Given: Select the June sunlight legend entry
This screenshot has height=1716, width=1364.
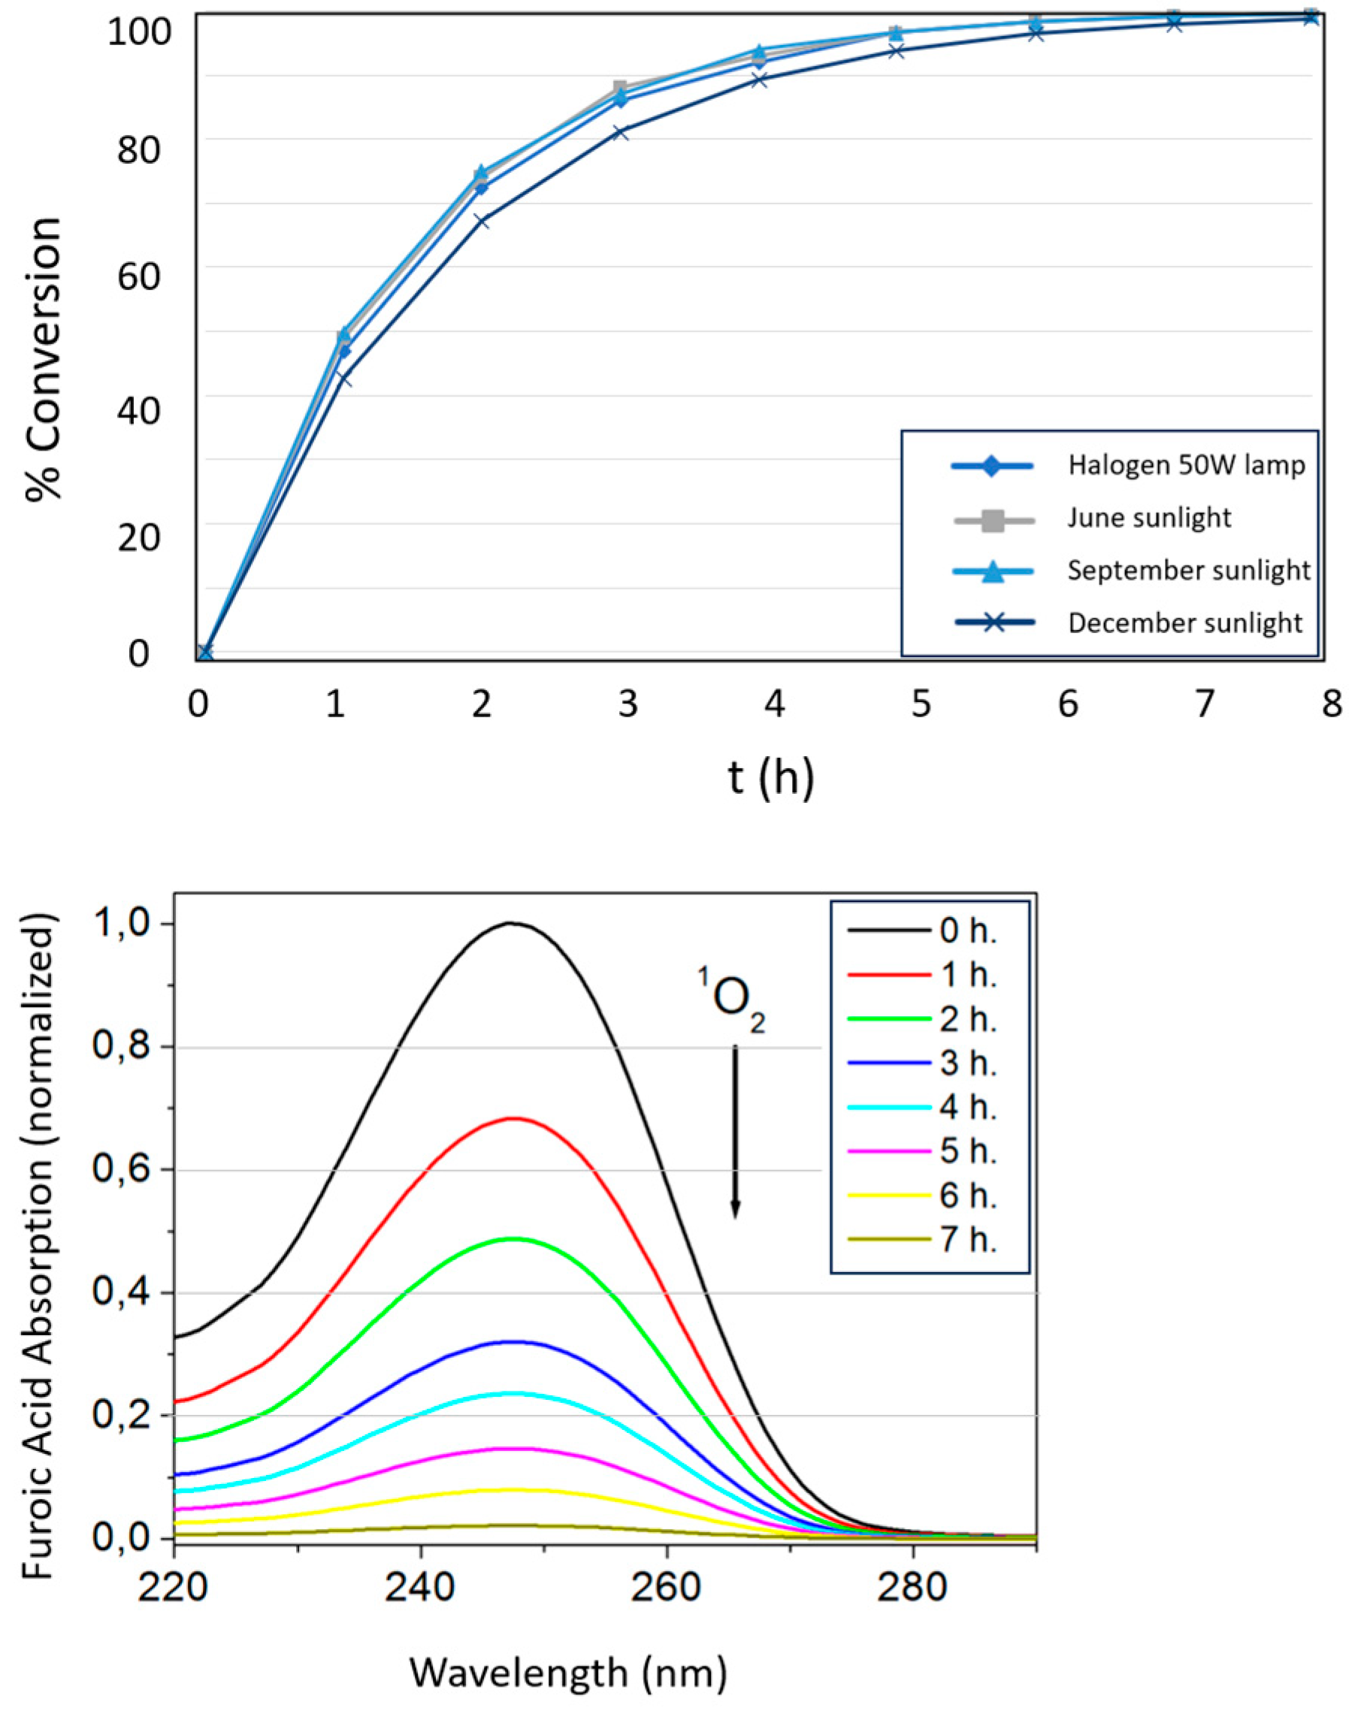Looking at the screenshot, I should pos(1148,518).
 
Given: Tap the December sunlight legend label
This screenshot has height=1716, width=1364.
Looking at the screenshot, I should pos(1184,623).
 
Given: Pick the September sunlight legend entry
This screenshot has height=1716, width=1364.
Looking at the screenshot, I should pos(1187,571).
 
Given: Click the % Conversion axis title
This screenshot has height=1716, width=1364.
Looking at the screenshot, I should pos(44,358).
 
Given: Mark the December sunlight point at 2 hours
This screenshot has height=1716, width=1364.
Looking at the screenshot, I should pos(481,222).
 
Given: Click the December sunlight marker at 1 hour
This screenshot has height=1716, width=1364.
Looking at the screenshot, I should pos(343,378).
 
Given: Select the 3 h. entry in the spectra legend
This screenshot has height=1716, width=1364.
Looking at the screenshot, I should pos(966,1064).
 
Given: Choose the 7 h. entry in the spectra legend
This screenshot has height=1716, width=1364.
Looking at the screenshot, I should pos(966,1241).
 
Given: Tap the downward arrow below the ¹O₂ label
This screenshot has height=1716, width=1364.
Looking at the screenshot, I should pos(735,1131).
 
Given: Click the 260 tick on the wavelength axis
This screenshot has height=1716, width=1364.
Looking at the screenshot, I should pos(667,1586).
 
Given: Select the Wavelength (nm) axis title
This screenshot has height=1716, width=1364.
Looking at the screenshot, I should pos(567,1672).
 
